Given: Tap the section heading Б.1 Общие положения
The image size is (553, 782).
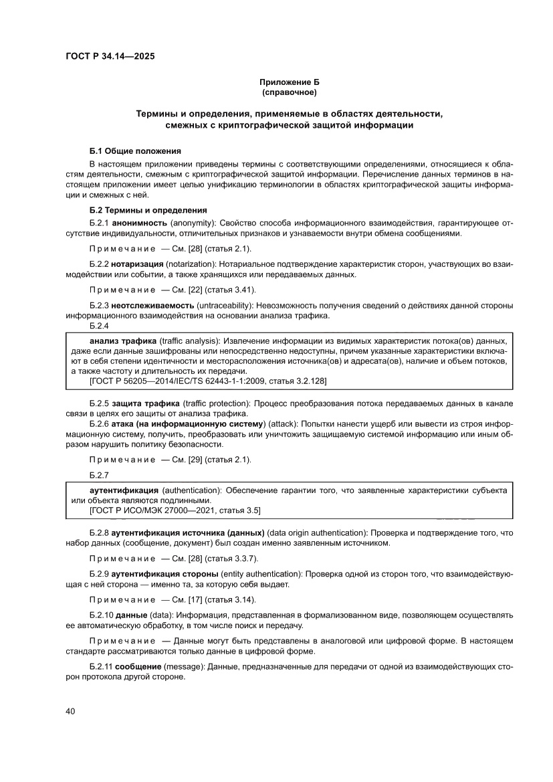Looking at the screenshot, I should pyautogui.click(x=135, y=151).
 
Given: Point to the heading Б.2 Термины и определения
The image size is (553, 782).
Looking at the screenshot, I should pyautogui.click(x=148, y=210).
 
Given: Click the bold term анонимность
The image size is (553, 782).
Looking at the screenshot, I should pyautogui.click(x=140, y=222).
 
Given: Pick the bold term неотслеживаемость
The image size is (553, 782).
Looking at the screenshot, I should pyautogui.click(x=152, y=306).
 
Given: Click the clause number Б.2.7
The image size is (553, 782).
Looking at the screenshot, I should pyautogui.click(x=99, y=474).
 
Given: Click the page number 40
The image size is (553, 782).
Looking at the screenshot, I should pyautogui.click(x=70, y=711).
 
